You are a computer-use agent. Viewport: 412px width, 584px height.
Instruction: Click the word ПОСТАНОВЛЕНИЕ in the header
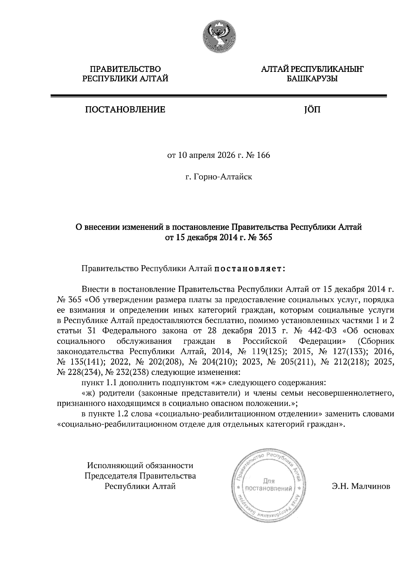[x=125, y=110]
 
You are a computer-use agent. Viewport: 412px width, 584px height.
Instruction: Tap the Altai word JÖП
[x=311, y=110]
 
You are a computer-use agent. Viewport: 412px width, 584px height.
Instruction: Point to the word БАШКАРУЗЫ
[x=312, y=79]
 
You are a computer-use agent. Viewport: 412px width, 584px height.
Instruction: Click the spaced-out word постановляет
[x=250, y=268]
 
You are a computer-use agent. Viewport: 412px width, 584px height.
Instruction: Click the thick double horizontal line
[x=218, y=96]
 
